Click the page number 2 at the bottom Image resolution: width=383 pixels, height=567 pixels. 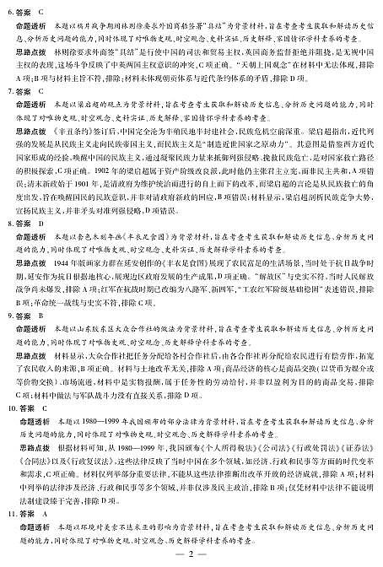pos(191,553)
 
